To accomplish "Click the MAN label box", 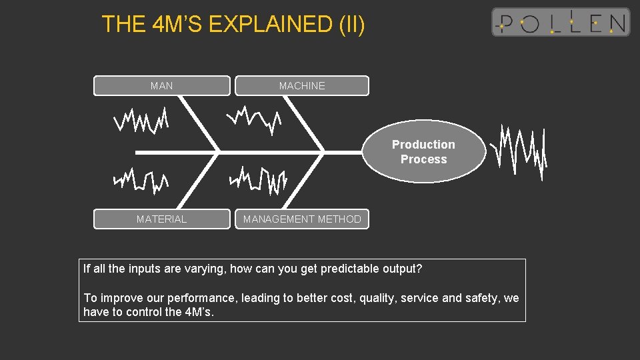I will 161,86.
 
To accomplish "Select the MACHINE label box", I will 301,86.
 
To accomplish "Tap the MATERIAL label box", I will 161,219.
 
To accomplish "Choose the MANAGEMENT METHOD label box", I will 301,219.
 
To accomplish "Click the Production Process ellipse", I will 423,153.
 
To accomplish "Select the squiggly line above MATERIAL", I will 141,179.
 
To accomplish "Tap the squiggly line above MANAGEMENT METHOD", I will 258,179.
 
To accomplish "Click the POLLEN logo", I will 560,22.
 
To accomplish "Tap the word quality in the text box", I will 378,298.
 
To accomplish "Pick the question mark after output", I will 419,269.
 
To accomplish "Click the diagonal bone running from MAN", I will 198,124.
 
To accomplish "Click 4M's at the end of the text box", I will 198,312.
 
